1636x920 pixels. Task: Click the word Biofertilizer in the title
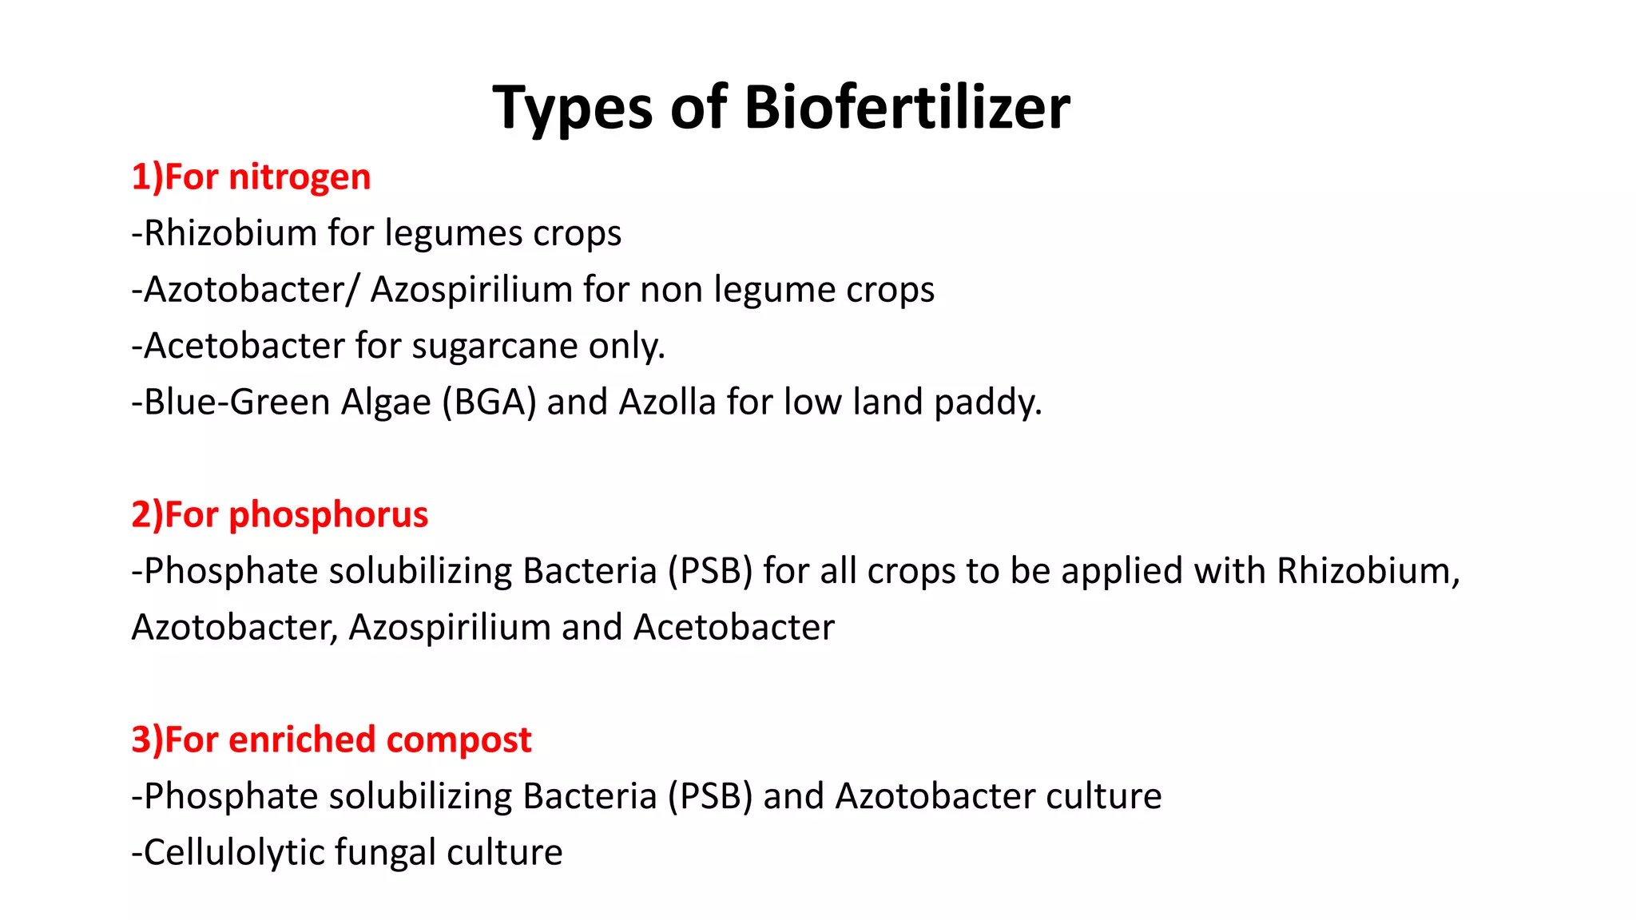(907, 108)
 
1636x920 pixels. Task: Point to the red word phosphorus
(328, 515)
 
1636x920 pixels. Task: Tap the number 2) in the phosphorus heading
(147, 515)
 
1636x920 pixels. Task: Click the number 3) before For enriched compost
(147, 740)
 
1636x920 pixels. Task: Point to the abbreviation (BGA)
(489, 402)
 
